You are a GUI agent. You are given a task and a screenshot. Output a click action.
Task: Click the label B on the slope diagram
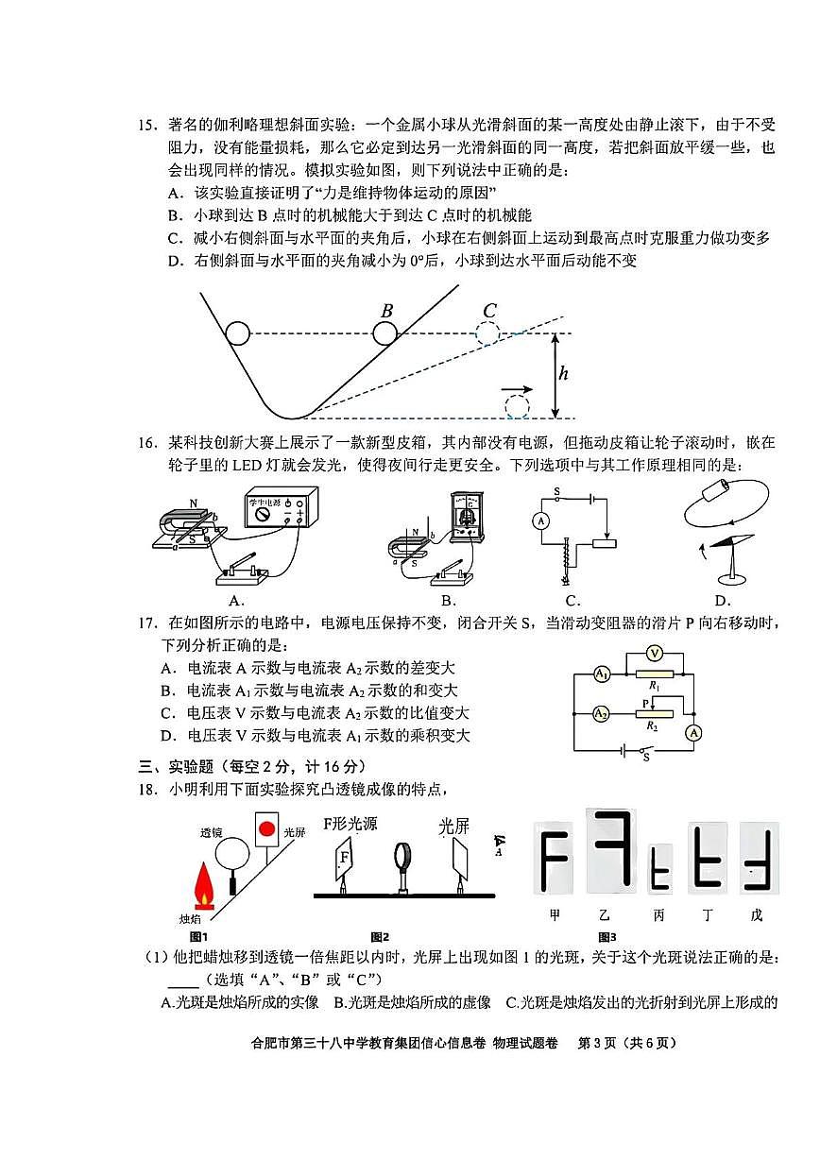coord(386,311)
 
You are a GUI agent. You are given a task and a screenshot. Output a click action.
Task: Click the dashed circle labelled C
coord(487,333)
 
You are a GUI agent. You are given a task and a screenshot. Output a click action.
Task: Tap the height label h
coord(564,374)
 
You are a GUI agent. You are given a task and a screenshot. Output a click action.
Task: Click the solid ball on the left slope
coord(237,333)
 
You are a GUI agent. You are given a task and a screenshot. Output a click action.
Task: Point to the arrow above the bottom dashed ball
coord(516,388)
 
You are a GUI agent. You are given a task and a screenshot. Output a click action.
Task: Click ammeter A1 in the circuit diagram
coord(601,674)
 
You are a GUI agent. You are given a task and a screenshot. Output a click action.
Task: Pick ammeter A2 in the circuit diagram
coord(601,713)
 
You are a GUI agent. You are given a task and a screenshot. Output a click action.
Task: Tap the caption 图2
coord(380,937)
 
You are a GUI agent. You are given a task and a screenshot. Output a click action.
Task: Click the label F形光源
coord(350,824)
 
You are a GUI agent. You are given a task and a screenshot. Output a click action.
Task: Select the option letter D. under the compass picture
coord(723,600)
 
